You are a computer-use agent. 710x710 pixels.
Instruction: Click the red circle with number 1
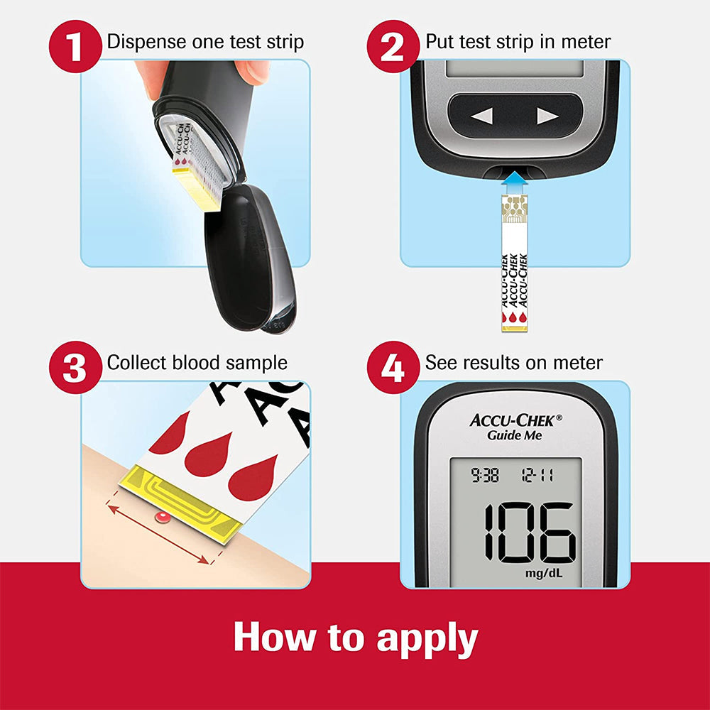click(74, 44)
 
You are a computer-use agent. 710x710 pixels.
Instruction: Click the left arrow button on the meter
click(481, 116)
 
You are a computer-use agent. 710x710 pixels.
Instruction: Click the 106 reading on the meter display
click(530, 532)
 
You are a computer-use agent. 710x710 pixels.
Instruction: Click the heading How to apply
click(355, 637)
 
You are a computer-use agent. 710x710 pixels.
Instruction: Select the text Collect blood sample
click(197, 363)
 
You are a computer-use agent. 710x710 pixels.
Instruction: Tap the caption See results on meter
click(514, 363)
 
